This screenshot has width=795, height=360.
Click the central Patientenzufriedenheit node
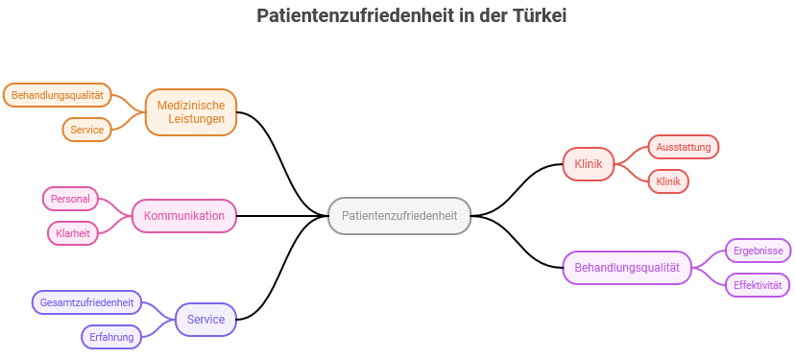398,216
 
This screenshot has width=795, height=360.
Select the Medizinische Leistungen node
190,112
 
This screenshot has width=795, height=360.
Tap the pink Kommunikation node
183,216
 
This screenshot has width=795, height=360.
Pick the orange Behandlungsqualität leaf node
58,95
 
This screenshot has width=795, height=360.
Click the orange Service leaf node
86,130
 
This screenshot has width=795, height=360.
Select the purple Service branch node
205,320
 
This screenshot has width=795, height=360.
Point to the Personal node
70,199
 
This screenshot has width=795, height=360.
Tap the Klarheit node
74,233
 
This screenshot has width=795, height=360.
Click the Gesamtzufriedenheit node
85,302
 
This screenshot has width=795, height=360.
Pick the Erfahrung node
111,337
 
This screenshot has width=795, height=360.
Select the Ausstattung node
684,147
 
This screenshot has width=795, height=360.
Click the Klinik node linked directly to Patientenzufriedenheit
588,164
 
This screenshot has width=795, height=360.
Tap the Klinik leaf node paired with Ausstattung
668,181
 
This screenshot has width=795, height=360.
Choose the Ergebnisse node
757,251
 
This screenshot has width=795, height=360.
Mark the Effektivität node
757,285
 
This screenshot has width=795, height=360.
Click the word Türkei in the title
541,16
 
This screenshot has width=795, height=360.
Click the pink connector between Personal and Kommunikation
115,205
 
